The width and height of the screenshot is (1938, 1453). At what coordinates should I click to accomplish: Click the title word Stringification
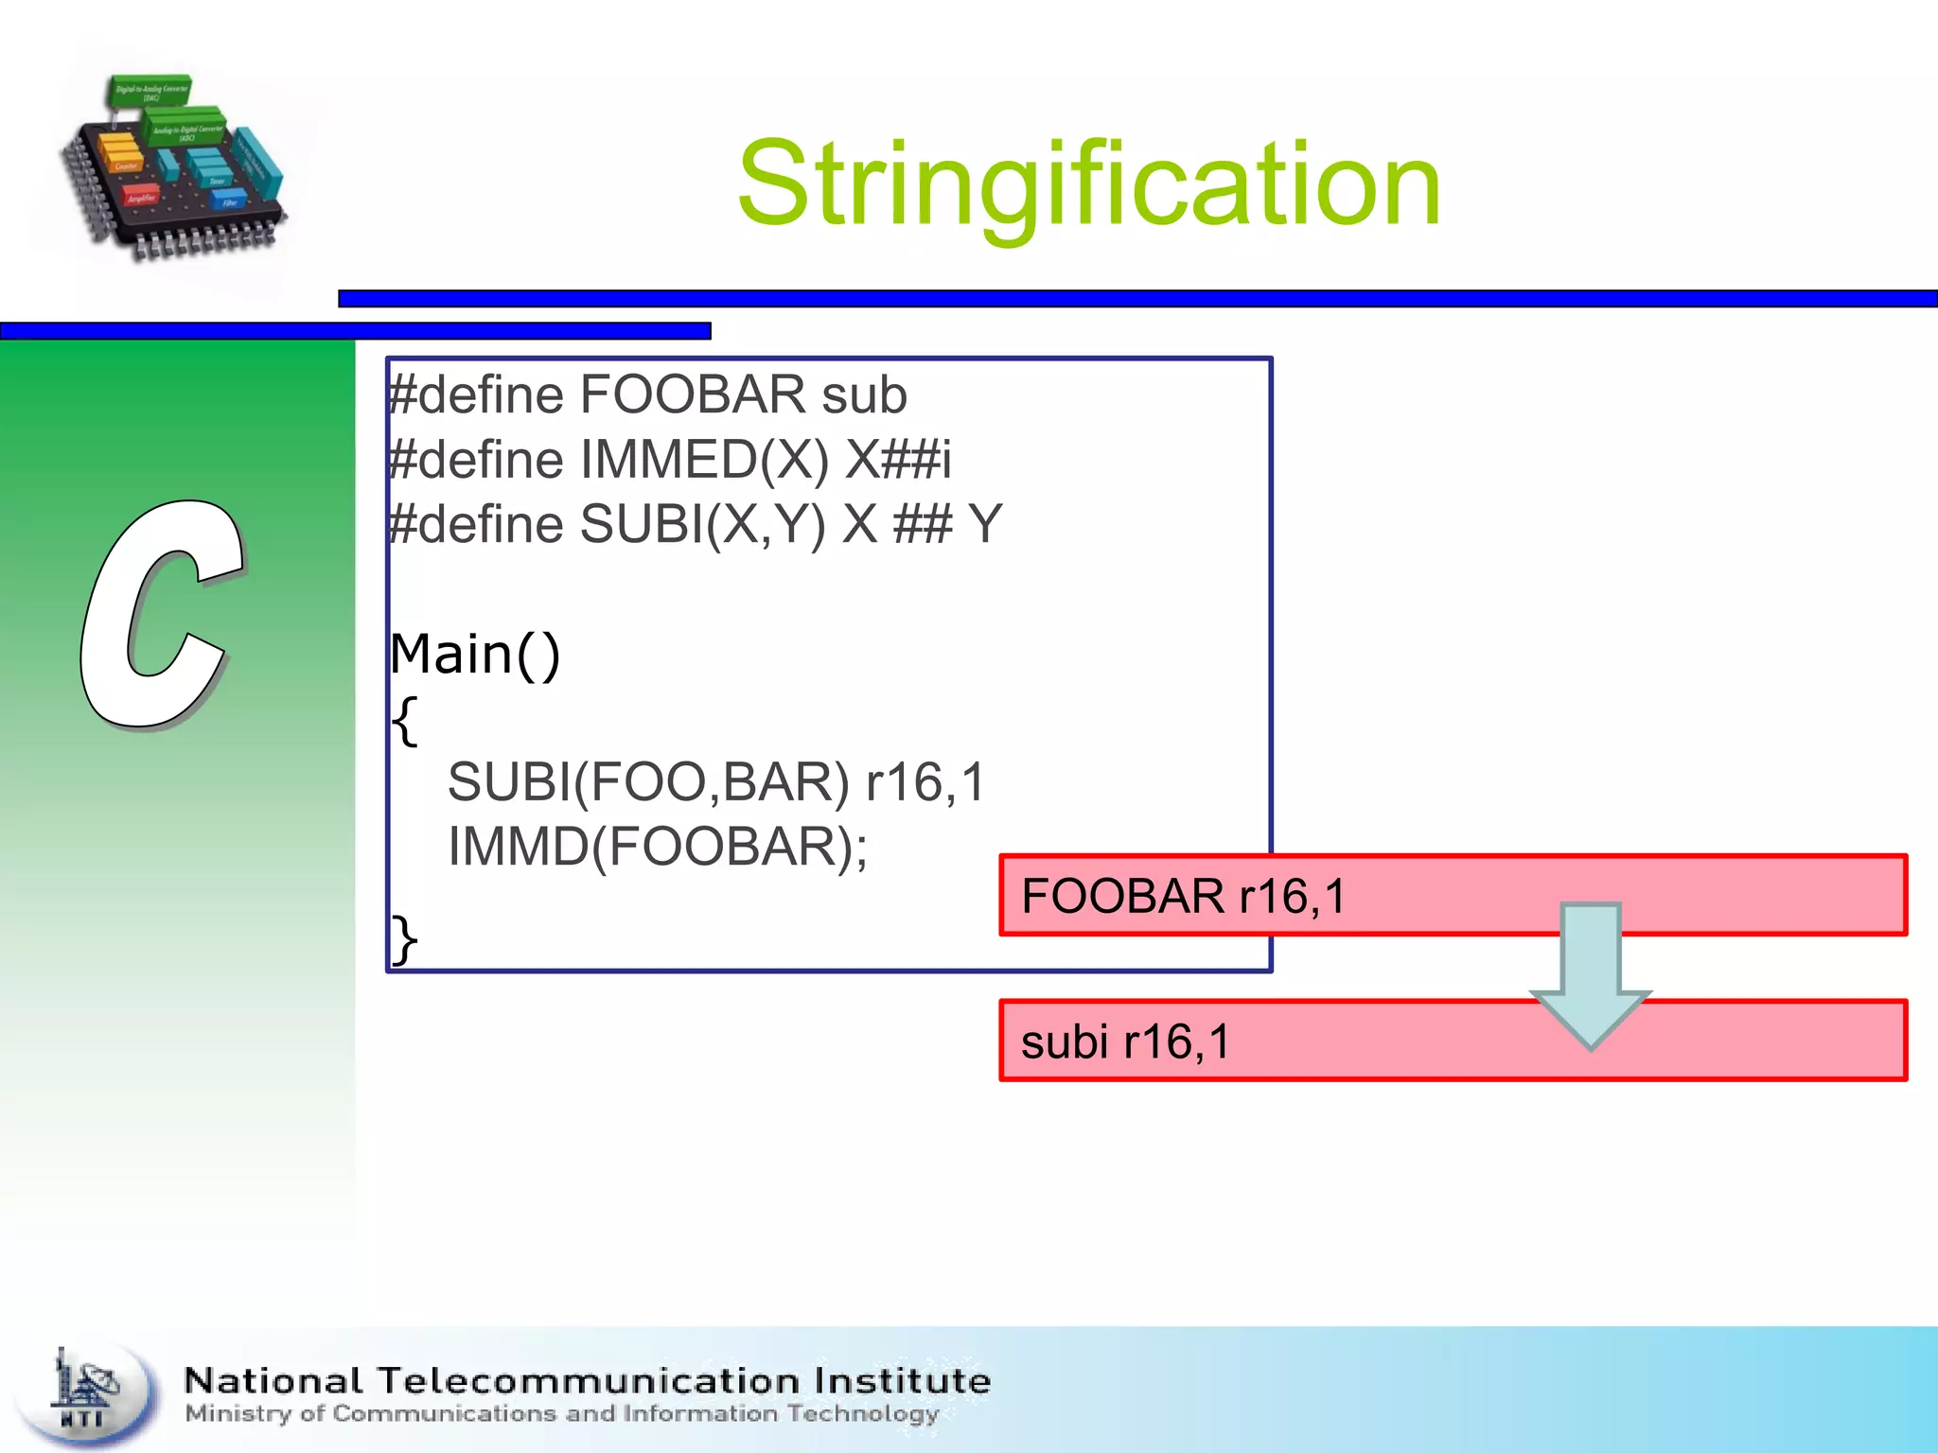[1088, 184]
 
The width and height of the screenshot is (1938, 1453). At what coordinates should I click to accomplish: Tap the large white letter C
[161, 615]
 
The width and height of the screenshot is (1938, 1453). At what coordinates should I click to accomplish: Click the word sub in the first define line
[863, 395]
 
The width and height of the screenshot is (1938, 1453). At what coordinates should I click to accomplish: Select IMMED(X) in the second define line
[704, 461]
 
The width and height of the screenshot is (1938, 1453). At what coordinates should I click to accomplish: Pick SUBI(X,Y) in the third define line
[702, 525]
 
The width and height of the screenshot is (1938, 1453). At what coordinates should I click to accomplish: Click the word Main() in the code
[475, 655]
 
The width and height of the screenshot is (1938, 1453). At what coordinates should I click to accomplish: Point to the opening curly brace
[404, 721]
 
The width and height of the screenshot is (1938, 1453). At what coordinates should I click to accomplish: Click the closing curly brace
[404, 939]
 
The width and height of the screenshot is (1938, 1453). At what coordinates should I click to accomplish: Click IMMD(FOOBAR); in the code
[657, 848]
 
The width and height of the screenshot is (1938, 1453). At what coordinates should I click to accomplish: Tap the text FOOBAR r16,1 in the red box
[1183, 897]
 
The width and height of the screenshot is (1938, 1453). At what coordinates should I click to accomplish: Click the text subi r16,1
[1125, 1042]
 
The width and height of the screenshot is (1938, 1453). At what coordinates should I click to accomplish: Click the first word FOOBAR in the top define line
[692, 395]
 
